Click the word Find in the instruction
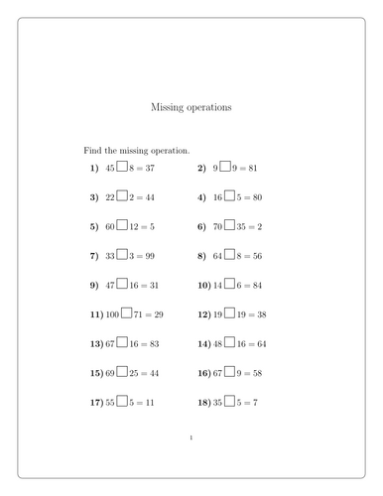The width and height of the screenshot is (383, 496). pyautogui.click(x=92, y=150)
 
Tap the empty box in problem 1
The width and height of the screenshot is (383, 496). pyautogui.click(x=122, y=168)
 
